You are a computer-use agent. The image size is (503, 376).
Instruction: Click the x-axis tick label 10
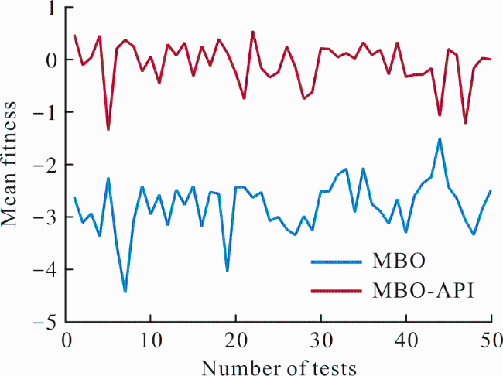(x=151, y=340)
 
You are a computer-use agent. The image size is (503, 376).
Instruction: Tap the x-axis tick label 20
(x=236, y=340)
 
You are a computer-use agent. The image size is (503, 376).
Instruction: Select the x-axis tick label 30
(x=321, y=340)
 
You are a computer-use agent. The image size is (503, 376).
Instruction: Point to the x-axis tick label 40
(x=406, y=340)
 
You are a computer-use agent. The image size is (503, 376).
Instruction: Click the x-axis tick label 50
(x=491, y=340)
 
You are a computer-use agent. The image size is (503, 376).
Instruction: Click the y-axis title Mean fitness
(x=9, y=164)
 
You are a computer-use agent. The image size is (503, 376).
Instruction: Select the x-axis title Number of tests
(x=279, y=367)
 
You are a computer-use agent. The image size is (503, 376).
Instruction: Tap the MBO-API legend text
(x=423, y=291)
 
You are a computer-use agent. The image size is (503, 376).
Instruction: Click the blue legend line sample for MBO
(x=337, y=262)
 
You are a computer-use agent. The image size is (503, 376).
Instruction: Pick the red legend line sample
(x=337, y=291)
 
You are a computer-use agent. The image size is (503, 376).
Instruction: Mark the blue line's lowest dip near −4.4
(x=125, y=292)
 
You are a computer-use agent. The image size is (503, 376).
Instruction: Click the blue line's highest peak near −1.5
(x=440, y=139)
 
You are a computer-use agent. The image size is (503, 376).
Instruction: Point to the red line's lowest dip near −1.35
(x=108, y=129)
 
